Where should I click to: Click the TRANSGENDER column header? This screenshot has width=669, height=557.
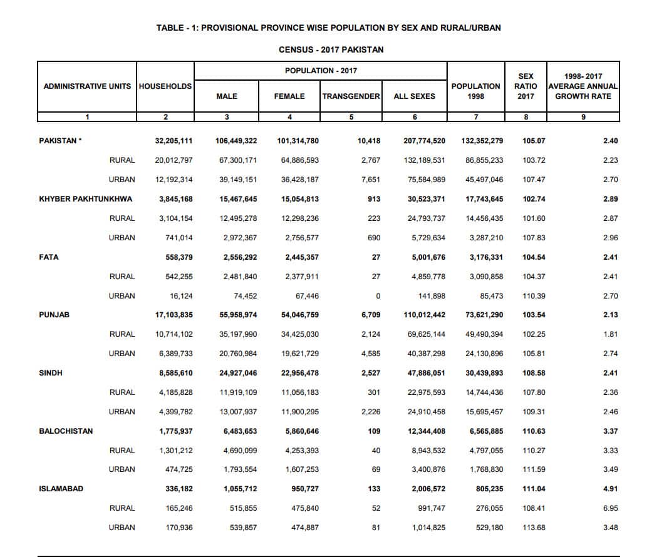coord(351,96)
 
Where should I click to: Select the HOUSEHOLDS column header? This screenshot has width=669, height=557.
coord(165,86)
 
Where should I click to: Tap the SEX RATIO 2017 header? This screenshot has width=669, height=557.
coord(526,86)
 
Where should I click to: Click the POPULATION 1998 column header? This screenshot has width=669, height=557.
coord(476,91)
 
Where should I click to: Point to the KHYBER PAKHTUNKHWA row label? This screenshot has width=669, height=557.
coord(86,199)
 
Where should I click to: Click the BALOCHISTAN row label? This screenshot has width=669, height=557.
coord(66,431)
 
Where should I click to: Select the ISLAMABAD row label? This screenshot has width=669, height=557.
coord(61,489)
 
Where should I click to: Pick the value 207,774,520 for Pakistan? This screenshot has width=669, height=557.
coord(424,141)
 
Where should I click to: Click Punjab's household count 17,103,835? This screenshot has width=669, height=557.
coord(174,315)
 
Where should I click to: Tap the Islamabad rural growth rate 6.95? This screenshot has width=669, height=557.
coord(610,508)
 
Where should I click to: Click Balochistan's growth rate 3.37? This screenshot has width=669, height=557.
coord(610,431)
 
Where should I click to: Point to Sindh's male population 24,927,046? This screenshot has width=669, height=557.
coord(236,373)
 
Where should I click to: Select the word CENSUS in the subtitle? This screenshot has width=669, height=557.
coord(296,49)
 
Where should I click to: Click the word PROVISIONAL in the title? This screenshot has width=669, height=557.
coord(229,28)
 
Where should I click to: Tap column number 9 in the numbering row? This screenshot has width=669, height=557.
coord(583,117)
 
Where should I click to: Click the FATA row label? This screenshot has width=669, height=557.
coord(49,257)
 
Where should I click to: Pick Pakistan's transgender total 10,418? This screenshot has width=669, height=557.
coord(369,141)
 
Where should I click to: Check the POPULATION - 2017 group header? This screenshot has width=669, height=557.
coord(321,71)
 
